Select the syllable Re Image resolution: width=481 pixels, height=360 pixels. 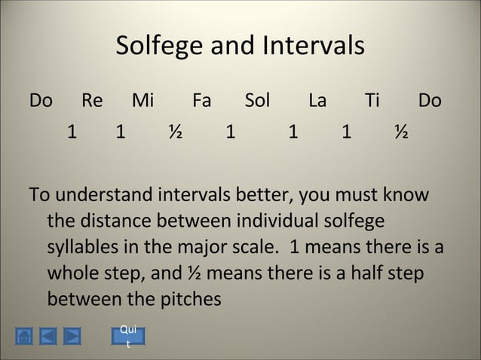click(x=92, y=101)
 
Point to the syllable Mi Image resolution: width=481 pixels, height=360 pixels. click(x=142, y=101)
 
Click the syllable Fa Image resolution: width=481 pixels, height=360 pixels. click(x=202, y=101)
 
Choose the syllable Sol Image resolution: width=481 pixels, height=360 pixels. click(x=258, y=101)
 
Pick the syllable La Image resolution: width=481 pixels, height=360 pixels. click(x=317, y=101)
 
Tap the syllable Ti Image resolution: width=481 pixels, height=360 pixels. click(x=372, y=101)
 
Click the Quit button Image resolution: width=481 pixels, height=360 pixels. click(x=128, y=337)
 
